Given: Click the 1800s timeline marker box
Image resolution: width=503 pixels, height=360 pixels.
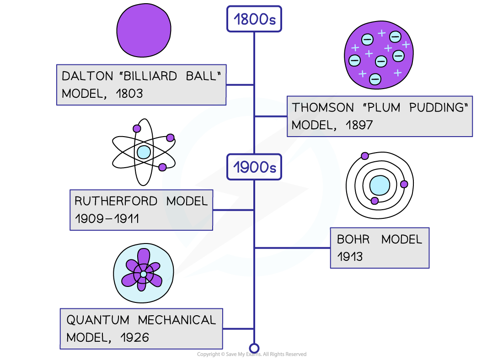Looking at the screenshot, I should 254,19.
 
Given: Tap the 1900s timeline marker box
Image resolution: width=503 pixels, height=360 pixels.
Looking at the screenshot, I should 255,167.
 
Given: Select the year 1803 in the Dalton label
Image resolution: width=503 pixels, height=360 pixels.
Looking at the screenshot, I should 129,94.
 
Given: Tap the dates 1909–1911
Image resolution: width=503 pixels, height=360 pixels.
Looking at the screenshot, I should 107,219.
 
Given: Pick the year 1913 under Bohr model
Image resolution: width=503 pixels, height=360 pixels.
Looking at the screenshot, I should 350,257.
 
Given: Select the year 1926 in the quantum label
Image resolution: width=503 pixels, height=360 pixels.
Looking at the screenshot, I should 135,338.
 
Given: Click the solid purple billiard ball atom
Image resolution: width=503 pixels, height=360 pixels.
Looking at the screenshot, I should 144,31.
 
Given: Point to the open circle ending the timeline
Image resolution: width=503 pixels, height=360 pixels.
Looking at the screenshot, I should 254,349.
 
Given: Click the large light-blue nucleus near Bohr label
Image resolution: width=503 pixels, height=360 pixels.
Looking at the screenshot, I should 380,185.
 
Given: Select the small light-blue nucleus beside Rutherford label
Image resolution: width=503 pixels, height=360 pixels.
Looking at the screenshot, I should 144,152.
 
